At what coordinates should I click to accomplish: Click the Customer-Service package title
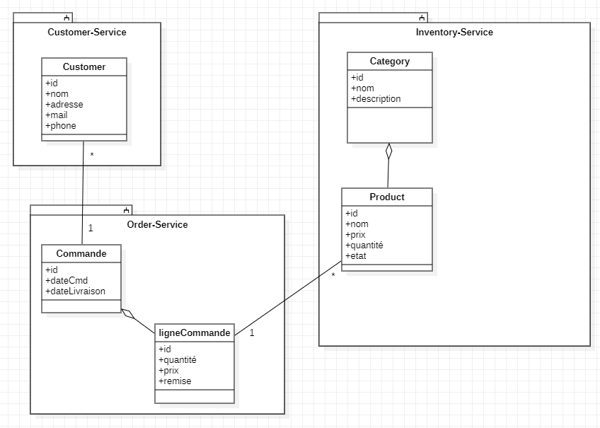(x=87, y=32)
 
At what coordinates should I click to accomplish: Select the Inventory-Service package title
(x=454, y=32)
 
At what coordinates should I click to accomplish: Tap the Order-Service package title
(x=157, y=224)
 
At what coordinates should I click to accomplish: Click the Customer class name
(x=84, y=66)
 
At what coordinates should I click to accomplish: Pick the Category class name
(x=389, y=61)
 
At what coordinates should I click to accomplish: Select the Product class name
(x=387, y=197)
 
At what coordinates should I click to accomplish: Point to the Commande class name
(x=81, y=253)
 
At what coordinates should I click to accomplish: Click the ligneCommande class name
(x=195, y=332)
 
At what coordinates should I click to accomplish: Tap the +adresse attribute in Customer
(x=64, y=104)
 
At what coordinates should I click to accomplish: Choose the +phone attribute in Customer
(x=61, y=125)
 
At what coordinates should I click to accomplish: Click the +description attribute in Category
(x=376, y=98)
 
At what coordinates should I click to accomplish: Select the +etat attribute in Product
(x=356, y=255)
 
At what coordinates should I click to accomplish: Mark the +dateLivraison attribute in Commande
(x=76, y=291)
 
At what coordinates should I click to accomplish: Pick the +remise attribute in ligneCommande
(x=175, y=381)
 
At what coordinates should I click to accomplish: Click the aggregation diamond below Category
(x=388, y=152)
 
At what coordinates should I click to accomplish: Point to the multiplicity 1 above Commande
(x=91, y=229)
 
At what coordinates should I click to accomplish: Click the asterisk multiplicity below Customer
(x=91, y=154)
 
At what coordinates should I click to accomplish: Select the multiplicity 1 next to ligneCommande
(x=252, y=332)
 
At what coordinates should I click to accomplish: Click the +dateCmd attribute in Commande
(x=67, y=280)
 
